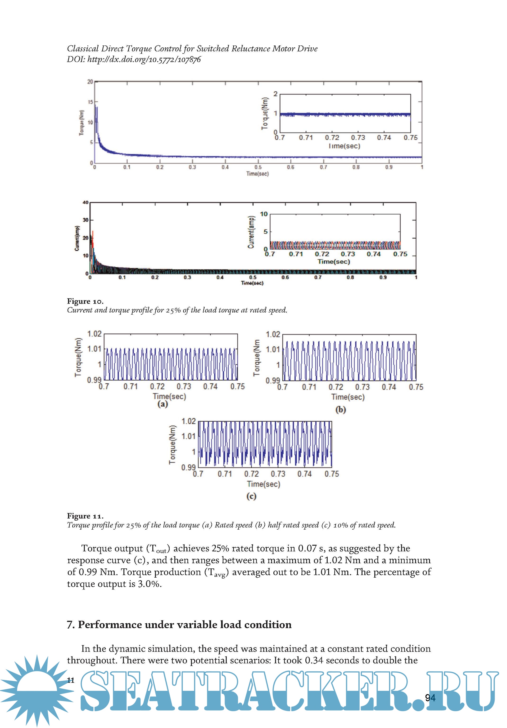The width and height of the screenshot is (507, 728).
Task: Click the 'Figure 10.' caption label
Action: (85, 301)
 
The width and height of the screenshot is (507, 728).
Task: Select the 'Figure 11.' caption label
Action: (85, 516)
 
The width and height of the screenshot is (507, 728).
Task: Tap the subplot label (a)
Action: (163, 404)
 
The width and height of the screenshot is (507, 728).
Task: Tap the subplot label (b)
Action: (340, 410)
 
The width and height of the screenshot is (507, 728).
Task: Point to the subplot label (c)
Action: (251, 496)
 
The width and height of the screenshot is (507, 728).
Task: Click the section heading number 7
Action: (70, 625)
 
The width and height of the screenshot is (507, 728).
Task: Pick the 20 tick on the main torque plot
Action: (90, 82)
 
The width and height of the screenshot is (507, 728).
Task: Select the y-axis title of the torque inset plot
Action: (265, 113)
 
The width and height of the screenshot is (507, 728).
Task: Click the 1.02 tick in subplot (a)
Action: (94, 334)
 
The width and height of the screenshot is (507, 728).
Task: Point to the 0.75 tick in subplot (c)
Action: (331, 474)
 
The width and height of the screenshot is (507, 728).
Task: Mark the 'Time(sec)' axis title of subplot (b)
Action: (348, 397)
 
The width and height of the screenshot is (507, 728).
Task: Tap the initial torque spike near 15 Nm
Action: (95, 108)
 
